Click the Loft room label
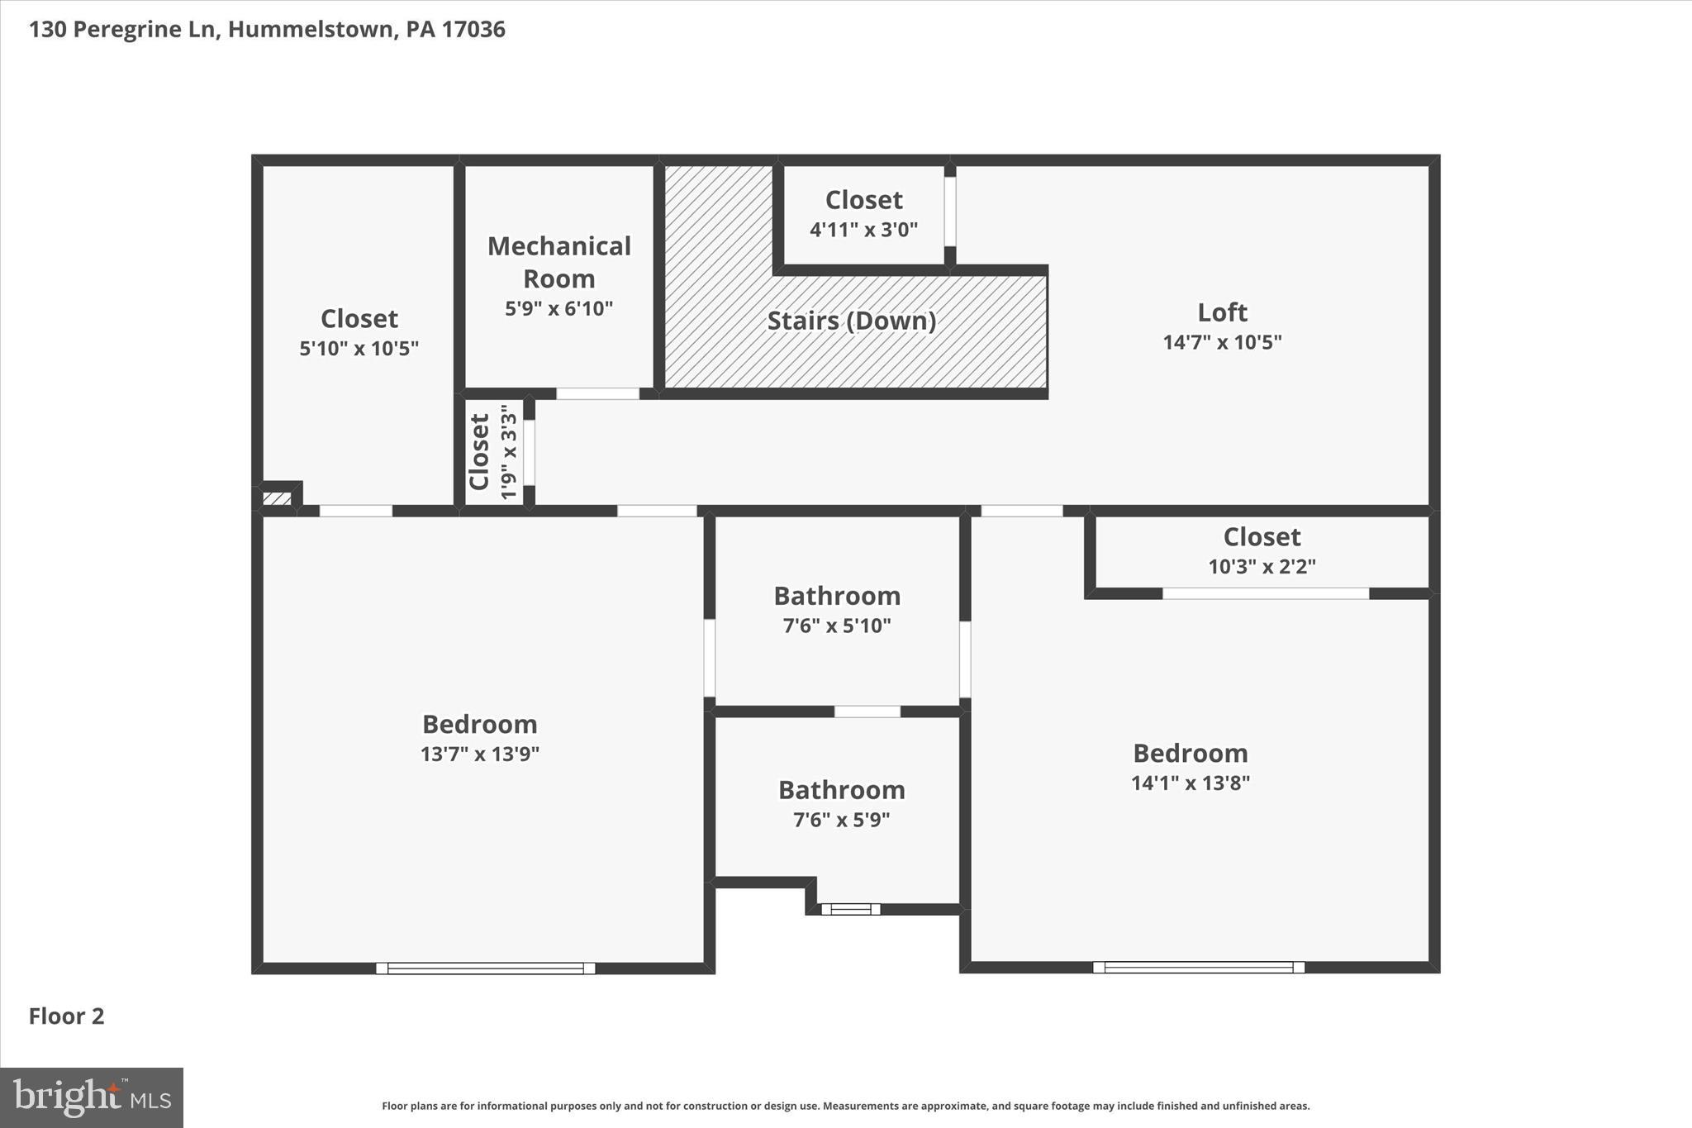tap(1222, 312)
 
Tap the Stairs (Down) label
tap(852, 321)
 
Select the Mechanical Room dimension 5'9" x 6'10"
tap(559, 309)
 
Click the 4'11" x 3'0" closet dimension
tap(863, 230)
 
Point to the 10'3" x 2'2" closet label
tap(1262, 538)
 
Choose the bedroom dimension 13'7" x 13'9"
tap(480, 754)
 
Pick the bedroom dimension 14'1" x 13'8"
tap(1190, 783)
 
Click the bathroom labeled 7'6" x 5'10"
tap(837, 596)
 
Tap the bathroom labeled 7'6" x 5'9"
tap(841, 790)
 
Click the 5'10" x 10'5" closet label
tap(359, 319)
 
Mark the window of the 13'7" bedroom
tap(486, 968)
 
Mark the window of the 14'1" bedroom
tap(1199, 967)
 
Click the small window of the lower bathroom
tap(851, 909)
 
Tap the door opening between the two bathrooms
tap(867, 712)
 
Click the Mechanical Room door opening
tap(597, 393)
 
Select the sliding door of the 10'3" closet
tap(1266, 593)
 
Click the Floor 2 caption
tap(67, 1016)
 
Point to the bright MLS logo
tap(92, 1097)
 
